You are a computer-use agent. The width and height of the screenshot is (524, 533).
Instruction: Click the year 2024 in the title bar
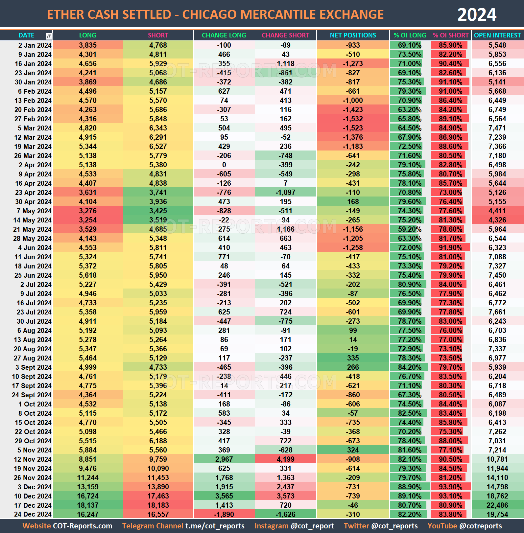[x=477, y=15]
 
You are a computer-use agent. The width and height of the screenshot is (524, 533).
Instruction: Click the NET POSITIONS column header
[x=353, y=35]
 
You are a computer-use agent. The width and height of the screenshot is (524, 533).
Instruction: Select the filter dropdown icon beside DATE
[x=49, y=36]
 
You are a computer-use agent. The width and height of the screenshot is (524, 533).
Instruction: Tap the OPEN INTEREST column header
[x=497, y=35]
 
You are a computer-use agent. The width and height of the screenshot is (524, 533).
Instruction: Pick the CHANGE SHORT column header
[x=285, y=35]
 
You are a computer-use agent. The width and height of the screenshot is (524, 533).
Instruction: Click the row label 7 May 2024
[x=34, y=211]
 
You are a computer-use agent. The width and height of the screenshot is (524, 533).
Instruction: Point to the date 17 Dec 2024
[x=33, y=505]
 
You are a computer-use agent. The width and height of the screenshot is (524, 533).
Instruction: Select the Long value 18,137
[x=88, y=505]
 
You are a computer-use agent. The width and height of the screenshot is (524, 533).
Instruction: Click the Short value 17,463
[x=158, y=496]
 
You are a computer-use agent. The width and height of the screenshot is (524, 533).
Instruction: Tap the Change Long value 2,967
[x=224, y=459]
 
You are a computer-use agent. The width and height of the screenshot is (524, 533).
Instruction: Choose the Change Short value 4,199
[x=285, y=459]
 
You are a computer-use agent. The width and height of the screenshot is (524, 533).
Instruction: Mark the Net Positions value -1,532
[x=353, y=119]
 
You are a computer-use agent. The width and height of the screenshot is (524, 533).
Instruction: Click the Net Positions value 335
[x=353, y=358]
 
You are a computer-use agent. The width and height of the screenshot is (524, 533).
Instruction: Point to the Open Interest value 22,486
[x=498, y=505]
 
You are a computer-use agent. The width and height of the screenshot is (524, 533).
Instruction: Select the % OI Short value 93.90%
[x=450, y=487]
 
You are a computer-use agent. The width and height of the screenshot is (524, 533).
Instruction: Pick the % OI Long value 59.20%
[x=409, y=229]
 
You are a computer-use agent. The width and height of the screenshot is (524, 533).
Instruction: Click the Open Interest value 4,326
[x=497, y=220]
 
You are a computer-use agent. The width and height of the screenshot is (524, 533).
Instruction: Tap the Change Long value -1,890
[x=224, y=515]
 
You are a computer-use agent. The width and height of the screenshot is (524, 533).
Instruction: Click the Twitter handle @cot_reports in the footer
[x=394, y=526]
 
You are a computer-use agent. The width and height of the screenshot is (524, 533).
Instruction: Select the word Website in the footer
[x=36, y=526]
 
